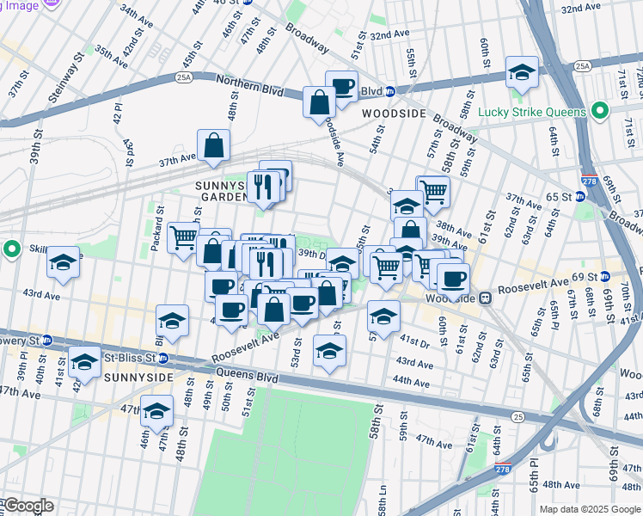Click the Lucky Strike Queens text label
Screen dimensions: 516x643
[543, 112]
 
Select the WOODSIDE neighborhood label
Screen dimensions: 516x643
[395, 113]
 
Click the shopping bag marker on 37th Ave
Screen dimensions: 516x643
[213, 145]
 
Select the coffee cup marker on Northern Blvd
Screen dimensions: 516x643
[341, 86]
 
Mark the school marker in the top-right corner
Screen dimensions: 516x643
[522, 72]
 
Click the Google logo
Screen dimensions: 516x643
[28, 506]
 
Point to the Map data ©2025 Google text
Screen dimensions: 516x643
[590, 509]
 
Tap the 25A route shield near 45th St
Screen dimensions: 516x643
[184, 77]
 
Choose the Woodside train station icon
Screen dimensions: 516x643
[484, 298]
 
